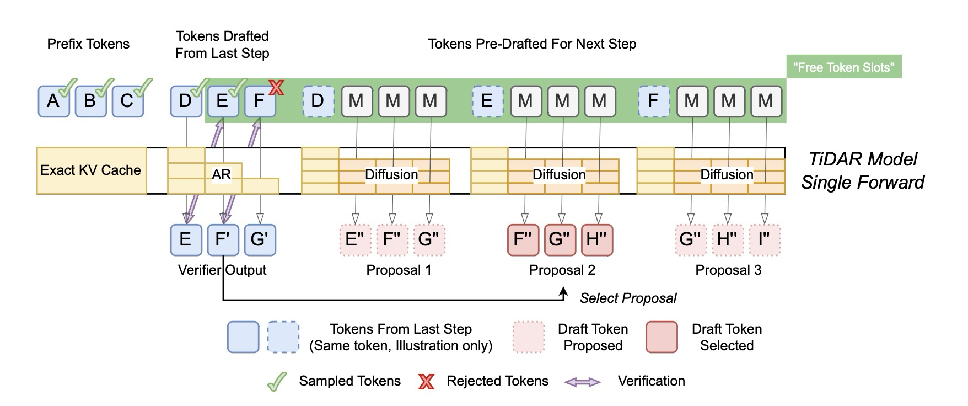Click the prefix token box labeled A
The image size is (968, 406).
pos(53,101)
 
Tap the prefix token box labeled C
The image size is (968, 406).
pos(127,101)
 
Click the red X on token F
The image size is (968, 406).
pos(276,87)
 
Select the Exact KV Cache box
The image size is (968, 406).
pos(91,170)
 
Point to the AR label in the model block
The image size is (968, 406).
pos(221,174)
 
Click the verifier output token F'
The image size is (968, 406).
pos(223,239)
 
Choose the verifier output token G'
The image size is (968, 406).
pos(260,239)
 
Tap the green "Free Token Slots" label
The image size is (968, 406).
pos(843,67)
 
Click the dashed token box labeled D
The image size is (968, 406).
pos(318,101)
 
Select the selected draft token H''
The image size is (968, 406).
pos(597,239)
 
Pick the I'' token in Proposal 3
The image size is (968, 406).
pos(765,239)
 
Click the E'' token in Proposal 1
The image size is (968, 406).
pos(355,239)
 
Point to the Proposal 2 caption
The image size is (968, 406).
pos(562,270)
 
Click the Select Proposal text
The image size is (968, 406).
pos(628,298)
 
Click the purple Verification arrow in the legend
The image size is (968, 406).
pos(583,382)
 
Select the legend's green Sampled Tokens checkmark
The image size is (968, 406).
pos(277,381)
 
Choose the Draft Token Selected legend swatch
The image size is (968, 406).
pos(662,337)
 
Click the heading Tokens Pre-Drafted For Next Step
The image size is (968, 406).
pos(532,44)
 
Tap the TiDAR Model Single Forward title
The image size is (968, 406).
pos(862,170)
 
